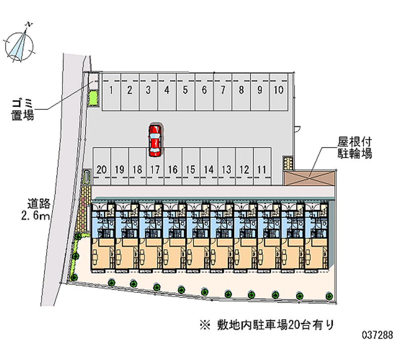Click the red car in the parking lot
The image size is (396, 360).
click(154, 141)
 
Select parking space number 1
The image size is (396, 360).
click(111, 92)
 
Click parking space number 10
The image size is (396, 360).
click(279, 92)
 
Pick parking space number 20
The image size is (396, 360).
click(102, 166)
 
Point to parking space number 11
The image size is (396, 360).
click(262, 166)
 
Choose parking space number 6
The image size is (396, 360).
click(204, 92)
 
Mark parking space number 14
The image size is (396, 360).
click(209, 166)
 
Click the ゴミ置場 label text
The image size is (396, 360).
click(22, 109)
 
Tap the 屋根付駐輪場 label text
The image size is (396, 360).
click(354, 148)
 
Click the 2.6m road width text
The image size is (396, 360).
click(35, 215)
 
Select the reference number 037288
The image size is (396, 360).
click(378, 335)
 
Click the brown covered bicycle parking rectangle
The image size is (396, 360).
click(309, 178)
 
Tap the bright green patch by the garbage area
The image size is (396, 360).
click(92, 98)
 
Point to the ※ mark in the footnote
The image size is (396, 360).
click(205, 325)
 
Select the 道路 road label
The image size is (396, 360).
click(39, 204)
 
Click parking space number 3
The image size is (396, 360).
click(148, 92)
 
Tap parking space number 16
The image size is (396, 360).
click(173, 166)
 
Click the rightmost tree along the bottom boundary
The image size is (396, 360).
click(329, 296)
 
